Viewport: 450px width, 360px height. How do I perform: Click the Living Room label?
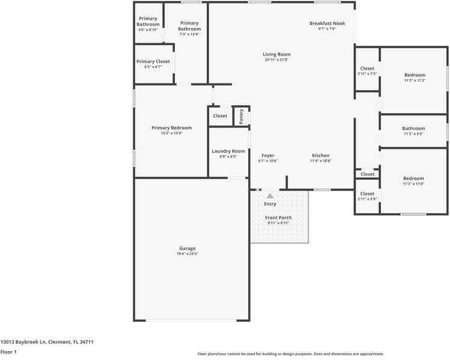(276, 54)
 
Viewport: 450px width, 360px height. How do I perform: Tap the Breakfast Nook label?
(327, 23)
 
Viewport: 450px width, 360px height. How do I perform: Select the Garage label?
(187, 248)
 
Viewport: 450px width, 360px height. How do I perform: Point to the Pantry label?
(242, 117)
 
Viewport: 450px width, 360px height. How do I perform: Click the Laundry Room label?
(228, 151)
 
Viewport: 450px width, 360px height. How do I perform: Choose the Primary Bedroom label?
(171, 127)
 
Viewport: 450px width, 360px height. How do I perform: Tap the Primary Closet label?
(153, 61)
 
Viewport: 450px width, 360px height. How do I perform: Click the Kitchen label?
(320, 156)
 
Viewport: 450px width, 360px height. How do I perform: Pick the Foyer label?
(267, 156)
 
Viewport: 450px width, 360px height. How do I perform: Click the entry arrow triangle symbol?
(270, 195)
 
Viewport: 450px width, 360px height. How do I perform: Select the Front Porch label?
(278, 218)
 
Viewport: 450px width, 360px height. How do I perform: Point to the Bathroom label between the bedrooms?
(413, 128)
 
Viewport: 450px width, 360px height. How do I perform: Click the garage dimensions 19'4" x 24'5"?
(187, 254)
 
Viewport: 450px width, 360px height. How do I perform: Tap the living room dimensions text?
(276, 59)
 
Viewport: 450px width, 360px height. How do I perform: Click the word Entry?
(270, 204)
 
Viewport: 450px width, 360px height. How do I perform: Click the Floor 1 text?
(8, 352)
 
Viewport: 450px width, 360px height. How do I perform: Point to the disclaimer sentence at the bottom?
(290, 354)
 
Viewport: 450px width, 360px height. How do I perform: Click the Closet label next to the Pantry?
(220, 115)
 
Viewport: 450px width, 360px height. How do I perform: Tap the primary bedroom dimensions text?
(171, 133)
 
